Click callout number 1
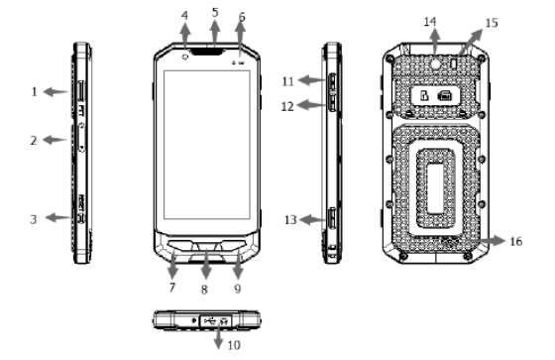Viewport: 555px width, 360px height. coord(34,92)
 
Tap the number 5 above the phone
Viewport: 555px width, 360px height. coord(215,13)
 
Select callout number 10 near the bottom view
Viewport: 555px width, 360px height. coord(234,345)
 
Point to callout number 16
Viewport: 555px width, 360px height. coord(516,241)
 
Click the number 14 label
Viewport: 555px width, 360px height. coord(430,22)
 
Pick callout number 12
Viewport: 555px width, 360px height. coord(287,106)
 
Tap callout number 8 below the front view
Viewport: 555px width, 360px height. coord(204,290)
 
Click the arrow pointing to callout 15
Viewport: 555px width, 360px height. coord(471,43)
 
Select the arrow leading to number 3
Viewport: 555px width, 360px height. coord(59,217)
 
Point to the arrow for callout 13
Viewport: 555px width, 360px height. coord(312,220)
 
